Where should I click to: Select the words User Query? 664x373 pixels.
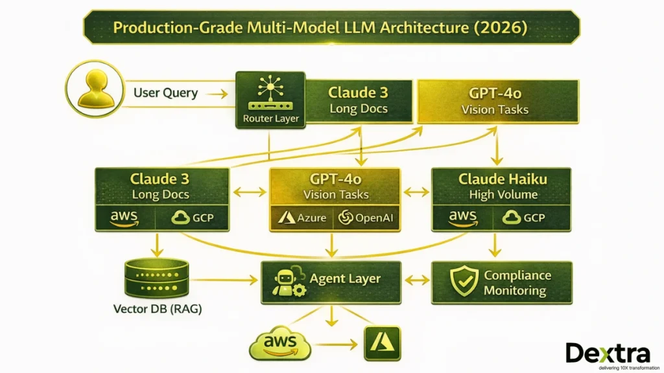(x=165, y=93)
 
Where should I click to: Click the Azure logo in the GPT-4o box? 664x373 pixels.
(x=302, y=217)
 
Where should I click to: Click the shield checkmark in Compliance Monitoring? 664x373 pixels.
(x=464, y=283)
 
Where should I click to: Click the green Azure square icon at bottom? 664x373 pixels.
(x=382, y=344)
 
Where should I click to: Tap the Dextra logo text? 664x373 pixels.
(x=607, y=352)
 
